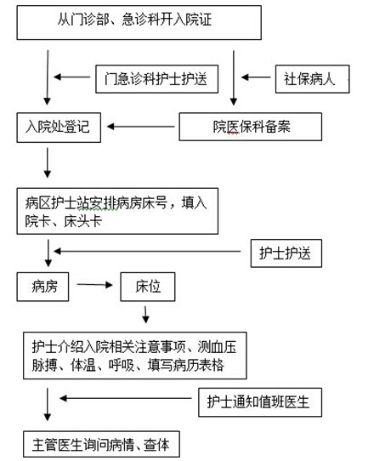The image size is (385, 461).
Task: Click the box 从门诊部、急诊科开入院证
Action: click(x=139, y=22)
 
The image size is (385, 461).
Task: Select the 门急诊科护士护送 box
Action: click(x=157, y=79)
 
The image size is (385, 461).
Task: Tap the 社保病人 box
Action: click(x=312, y=79)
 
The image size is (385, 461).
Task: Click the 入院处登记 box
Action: click(x=59, y=128)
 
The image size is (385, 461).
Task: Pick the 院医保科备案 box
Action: click(x=251, y=127)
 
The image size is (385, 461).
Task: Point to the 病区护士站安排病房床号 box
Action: click(x=117, y=211)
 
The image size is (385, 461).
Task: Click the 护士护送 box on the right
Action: click(x=286, y=253)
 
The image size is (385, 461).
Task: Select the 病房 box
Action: click(x=42, y=287)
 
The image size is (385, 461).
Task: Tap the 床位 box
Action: click(x=148, y=287)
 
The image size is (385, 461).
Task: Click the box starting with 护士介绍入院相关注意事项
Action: click(x=135, y=356)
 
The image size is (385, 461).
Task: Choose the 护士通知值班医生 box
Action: click(x=260, y=402)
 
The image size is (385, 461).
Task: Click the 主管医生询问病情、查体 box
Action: click(x=101, y=444)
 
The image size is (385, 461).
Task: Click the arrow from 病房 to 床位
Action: click(x=94, y=285)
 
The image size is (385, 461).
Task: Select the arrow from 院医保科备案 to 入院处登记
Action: click(x=141, y=127)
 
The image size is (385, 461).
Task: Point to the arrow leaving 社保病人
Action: click(x=256, y=77)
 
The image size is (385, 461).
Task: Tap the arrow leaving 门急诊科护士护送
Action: click(x=72, y=77)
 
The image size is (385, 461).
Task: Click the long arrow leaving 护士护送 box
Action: click(x=147, y=252)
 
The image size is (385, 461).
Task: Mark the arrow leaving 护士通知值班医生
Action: click(x=126, y=398)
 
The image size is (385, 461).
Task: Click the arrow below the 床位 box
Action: click(x=145, y=315)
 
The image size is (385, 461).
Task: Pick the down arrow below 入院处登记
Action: click(x=48, y=162)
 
